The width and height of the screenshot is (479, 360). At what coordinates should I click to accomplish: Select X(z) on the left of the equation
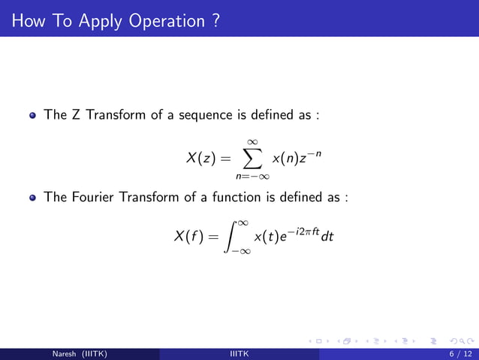point(201,158)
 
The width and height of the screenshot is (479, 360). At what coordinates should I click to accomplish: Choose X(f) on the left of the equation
point(191,237)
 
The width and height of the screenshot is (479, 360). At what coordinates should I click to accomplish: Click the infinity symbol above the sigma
point(252,139)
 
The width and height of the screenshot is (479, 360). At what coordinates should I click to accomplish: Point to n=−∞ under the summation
point(252,177)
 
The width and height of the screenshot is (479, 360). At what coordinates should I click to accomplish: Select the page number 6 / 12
point(456,354)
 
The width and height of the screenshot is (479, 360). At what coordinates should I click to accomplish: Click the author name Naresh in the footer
point(65,354)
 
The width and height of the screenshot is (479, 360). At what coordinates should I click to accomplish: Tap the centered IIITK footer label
point(239,354)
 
